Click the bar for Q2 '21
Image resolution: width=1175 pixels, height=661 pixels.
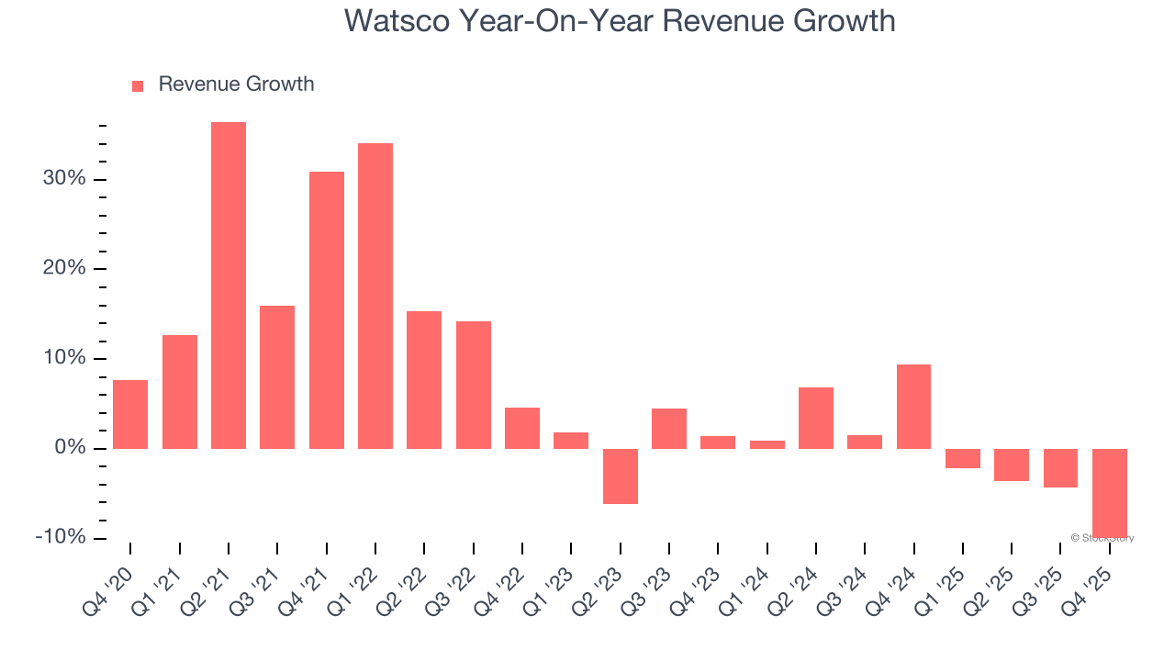click(x=229, y=286)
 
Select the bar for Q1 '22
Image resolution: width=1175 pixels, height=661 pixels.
click(x=375, y=296)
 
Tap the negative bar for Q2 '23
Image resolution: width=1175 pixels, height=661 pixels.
click(x=621, y=476)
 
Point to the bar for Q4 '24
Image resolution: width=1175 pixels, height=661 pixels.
click(x=913, y=407)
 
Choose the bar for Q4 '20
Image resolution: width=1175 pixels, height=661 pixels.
click(x=130, y=414)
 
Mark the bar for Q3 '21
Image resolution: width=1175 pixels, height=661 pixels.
click(x=277, y=377)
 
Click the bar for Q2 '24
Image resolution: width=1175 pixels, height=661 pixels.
click(x=816, y=418)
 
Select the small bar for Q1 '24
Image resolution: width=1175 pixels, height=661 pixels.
click(x=767, y=444)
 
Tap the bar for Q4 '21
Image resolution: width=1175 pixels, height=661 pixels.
click(x=327, y=310)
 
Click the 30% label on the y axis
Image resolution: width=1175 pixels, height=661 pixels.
click(x=64, y=178)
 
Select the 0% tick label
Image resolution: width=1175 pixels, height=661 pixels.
click(x=70, y=448)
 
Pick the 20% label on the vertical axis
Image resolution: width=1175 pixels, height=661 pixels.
click(x=64, y=268)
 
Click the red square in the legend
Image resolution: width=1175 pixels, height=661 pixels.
click(x=138, y=85)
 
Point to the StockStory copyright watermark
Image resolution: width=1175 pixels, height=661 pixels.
click(x=1102, y=538)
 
